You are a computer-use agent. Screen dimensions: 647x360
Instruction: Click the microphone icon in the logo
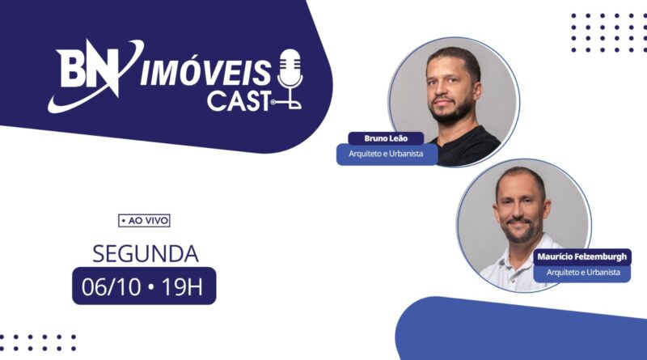point(290,78)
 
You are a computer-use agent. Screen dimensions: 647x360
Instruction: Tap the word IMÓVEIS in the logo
point(205,73)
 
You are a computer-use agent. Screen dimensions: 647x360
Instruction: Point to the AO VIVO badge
point(144,221)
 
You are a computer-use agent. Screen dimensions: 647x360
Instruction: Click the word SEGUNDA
point(146,253)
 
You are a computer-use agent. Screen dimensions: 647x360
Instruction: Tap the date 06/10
point(111,287)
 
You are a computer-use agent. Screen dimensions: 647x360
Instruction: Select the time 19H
point(182,287)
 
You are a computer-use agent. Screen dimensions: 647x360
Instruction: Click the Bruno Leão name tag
point(386,138)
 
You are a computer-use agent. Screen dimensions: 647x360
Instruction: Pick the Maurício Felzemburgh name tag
point(581,256)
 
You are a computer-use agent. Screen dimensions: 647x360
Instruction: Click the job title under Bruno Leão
point(387,154)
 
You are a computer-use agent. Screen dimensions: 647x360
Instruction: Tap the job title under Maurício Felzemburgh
point(583,273)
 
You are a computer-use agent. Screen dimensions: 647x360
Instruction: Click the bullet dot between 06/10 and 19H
point(151,286)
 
